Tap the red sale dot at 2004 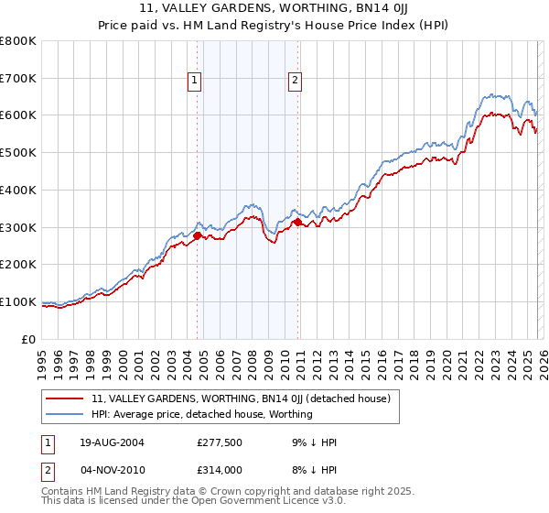[197, 235]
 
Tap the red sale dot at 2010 [297, 222]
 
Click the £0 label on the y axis [27, 339]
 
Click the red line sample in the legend [64, 398]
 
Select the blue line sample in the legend [64, 414]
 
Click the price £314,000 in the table [223, 469]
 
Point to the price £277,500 [223, 442]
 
